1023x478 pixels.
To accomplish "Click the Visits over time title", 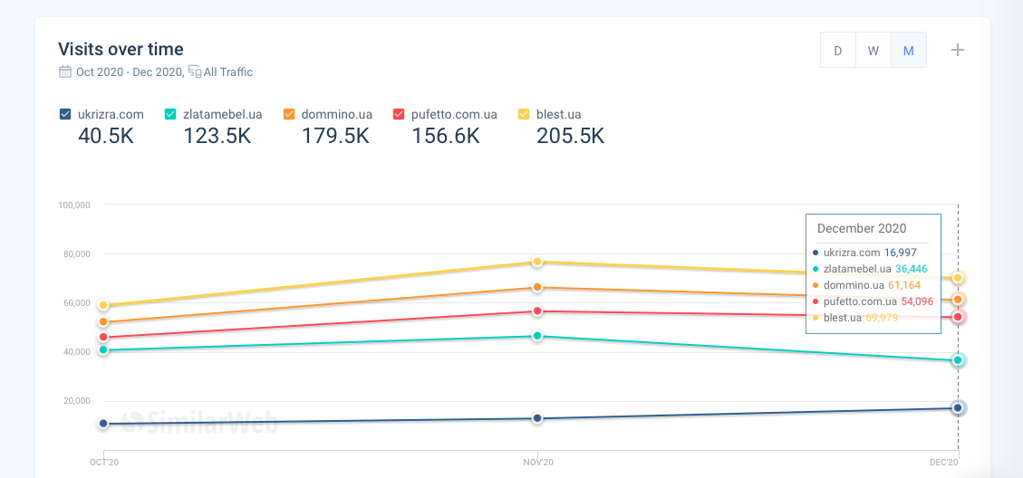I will click(x=121, y=49).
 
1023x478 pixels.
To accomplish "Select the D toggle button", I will click(x=837, y=51).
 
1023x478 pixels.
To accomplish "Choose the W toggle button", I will click(x=873, y=51).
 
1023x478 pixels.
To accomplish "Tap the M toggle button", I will click(x=908, y=51).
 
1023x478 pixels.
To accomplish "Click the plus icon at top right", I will click(x=958, y=50).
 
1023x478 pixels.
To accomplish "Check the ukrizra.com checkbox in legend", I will click(x=65, y=114).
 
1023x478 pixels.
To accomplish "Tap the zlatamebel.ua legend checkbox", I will click(x=170, y=114).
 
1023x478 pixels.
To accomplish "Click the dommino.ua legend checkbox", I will click(x=289, y=114).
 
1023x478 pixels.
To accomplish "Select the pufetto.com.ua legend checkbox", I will click(x=399, y=114).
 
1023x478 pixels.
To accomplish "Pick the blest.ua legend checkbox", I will click(x=524, y=114).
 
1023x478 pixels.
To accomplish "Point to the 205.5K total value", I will click(x=570, y=136).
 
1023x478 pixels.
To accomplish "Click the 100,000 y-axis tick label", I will click(x=73, y=205).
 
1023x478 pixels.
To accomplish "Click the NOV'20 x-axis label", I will click(x=537, y=463).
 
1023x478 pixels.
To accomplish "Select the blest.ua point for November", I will click(x=537, y=262).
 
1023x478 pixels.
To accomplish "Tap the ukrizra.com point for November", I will click(x=537, y=418).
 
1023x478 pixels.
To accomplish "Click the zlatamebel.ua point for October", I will click(x=103, y=349).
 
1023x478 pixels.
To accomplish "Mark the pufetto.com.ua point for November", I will click(x=537, y=311).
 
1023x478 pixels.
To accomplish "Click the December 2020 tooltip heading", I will click(x=862, y=228).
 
